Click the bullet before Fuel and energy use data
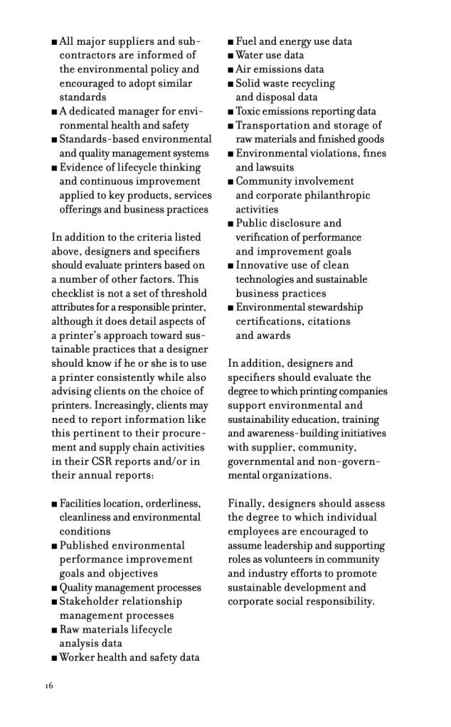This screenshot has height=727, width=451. [231, 42]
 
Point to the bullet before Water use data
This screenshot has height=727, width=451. [231, 55]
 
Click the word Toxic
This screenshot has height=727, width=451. [251, 112]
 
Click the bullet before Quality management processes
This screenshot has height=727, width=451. [54, 588]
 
